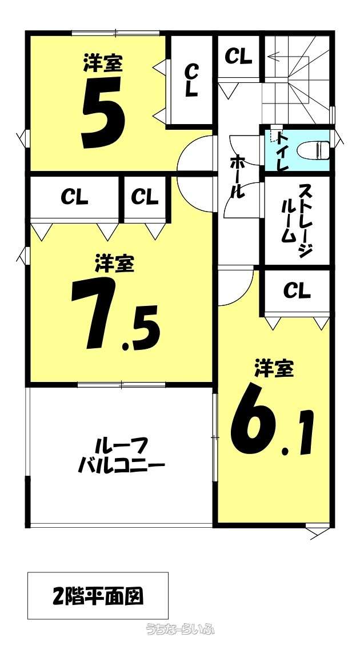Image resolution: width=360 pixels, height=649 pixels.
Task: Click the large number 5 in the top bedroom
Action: pos(103,112)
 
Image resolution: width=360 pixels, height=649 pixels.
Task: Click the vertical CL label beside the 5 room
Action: pos(191,80)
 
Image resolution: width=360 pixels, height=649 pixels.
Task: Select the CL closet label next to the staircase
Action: pos(238,57)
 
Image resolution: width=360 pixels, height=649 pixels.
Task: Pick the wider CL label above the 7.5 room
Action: pos(74,197)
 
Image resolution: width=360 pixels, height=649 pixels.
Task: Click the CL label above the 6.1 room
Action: pos(297,291)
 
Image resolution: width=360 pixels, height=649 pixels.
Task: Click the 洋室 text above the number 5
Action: pos(103,63)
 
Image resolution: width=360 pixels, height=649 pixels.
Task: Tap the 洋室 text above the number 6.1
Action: pos(274,369)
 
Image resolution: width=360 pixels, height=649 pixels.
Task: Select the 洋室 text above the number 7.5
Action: pos(115,264)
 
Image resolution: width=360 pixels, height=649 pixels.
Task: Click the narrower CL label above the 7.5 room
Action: pos(145,197)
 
